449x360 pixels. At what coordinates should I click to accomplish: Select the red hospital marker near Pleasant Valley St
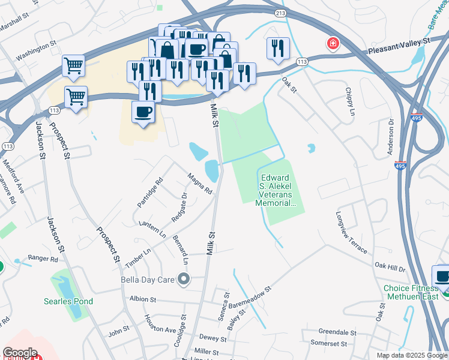point(331,44)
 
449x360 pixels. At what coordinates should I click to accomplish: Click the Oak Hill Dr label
point(390,264)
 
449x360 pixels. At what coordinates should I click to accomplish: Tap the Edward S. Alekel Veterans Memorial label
point(276,191)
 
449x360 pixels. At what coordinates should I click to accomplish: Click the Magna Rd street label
point(200,183)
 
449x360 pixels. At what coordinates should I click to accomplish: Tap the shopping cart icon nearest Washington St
point(73,65)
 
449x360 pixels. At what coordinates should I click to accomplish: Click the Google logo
point(20,353)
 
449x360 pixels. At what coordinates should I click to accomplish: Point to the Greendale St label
point(337,332)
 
